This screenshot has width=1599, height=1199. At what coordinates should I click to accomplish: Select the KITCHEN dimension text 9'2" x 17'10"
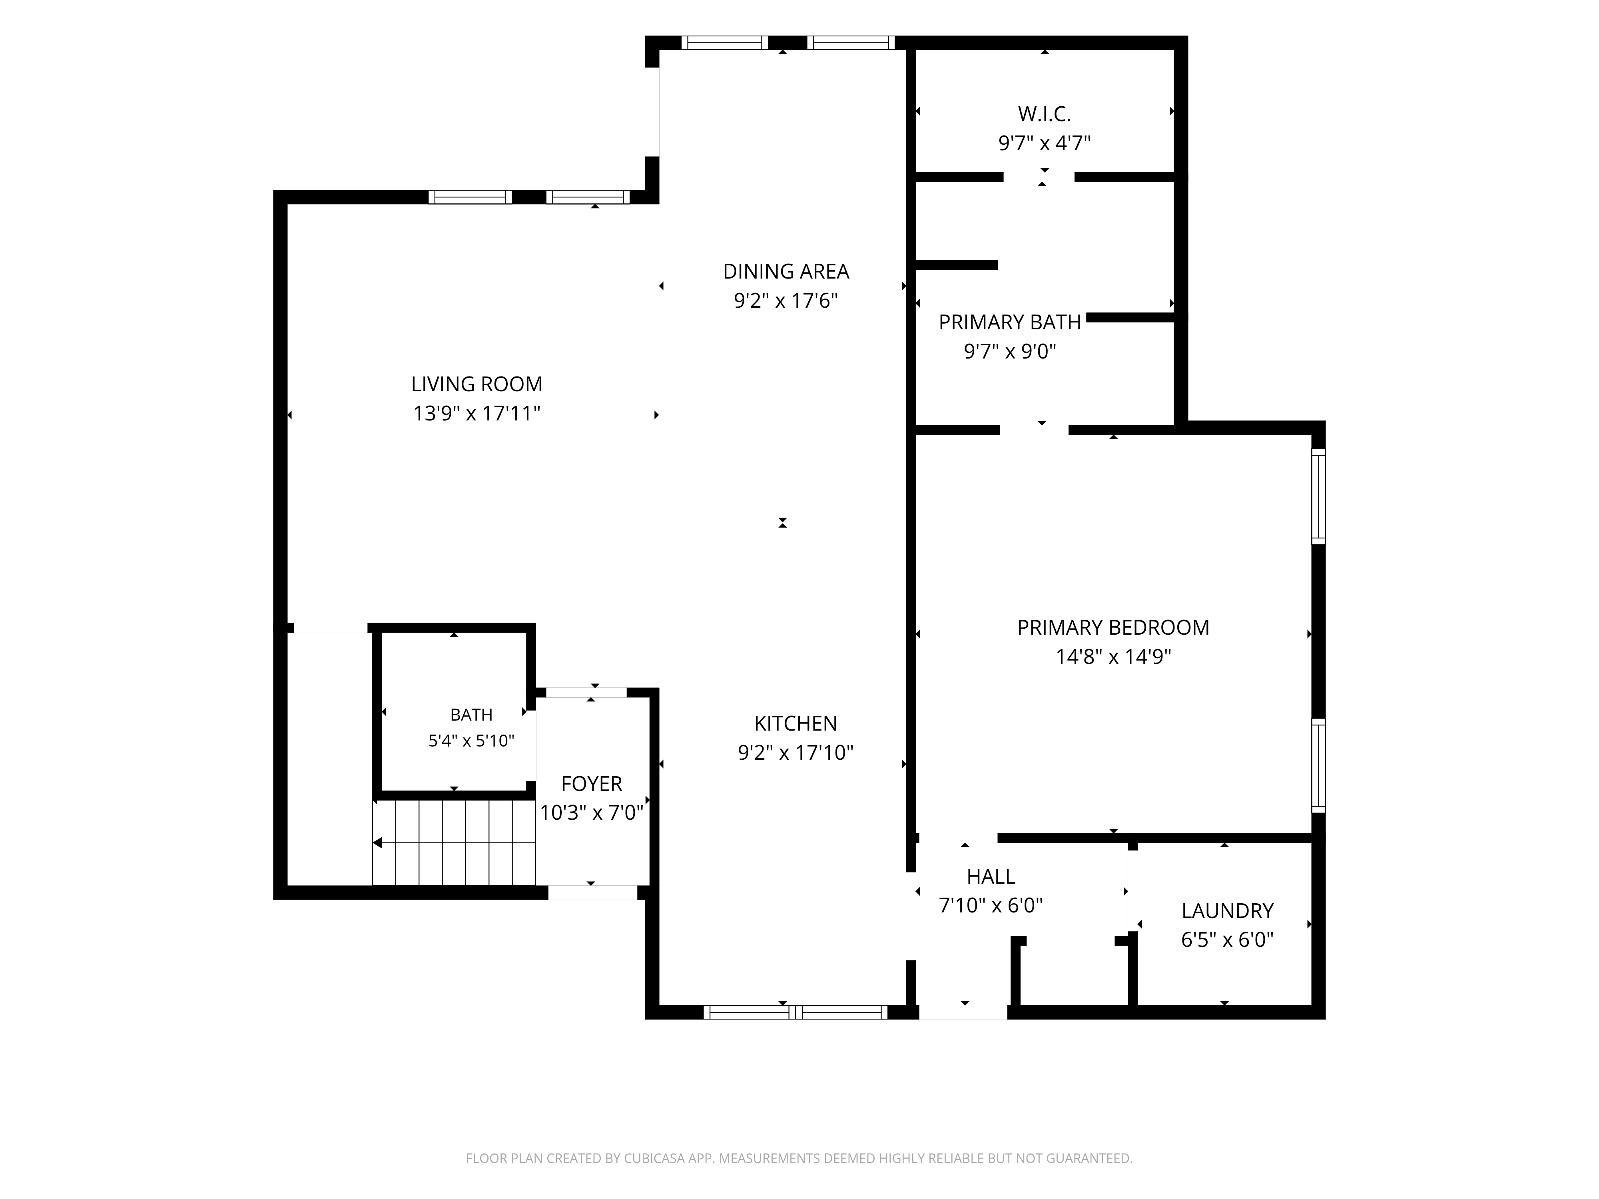click(795, 753)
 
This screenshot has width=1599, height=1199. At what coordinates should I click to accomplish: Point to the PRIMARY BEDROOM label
click(1113, 627)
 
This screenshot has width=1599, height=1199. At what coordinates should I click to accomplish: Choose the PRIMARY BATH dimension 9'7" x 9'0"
click(1010, 351)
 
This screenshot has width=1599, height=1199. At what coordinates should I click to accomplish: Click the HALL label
click(991, 876)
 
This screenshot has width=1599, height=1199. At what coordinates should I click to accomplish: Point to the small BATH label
click(471, 715)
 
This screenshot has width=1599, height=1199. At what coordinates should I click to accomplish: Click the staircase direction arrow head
click(377, 842)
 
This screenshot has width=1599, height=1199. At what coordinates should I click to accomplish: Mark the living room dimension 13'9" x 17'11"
click(477, 413)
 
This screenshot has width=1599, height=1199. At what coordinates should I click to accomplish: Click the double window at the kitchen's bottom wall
click(795, 1012)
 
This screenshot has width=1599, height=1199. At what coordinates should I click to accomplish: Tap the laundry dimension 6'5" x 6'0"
click(1228, 940)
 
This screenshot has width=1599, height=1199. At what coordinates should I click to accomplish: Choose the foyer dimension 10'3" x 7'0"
click(591, 813)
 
